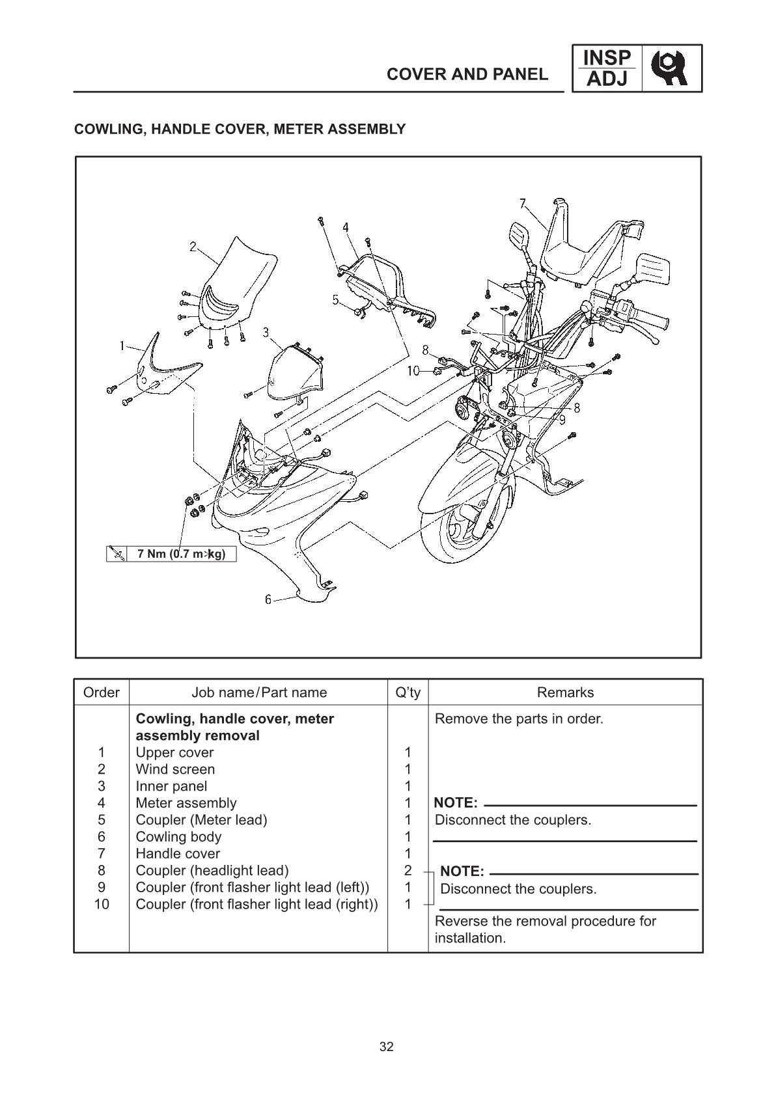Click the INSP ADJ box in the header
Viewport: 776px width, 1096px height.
(x=606, y=68)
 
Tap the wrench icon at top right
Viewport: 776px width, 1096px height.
(x=672, y=68)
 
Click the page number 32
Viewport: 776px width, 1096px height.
(x=387, y=1047)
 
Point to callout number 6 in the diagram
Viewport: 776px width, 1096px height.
(x=268, y=599)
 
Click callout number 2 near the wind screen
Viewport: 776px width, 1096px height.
(x=193, y=247)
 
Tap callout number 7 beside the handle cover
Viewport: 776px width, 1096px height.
(x=523, y=203)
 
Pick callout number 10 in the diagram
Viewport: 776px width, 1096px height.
(x=413, y=372)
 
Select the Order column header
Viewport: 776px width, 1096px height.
(x=102, y=692)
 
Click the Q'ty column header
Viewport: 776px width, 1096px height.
(x=408, y=692)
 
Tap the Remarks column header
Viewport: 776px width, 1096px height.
(x=565, y=692)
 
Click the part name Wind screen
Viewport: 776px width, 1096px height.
(x=175, y=769)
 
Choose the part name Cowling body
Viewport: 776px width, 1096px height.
(x=178, y=837)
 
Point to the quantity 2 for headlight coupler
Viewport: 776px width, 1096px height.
(x=408, y=871)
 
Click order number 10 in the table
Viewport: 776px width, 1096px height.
(x=102, y=905)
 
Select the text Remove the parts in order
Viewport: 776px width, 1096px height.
(x=519, y=719)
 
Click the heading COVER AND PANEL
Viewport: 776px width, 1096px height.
(x=467, y=74)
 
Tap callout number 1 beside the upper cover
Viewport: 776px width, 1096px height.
(x=122, y=346)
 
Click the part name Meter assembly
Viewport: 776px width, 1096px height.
(x=186, y=803)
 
